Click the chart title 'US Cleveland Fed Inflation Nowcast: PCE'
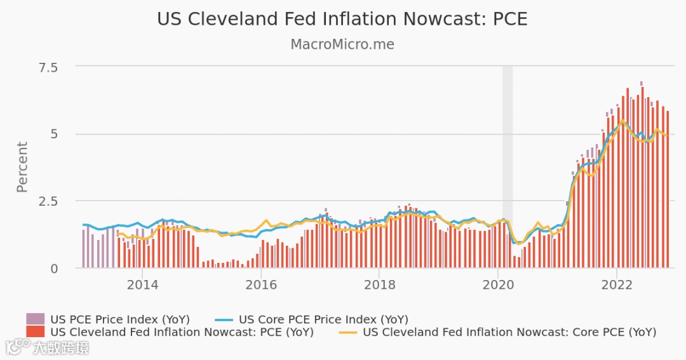pos(342,19)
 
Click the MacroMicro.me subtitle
pos(342,44)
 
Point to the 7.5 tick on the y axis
pos(62,67)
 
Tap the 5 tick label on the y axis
pos(71,135)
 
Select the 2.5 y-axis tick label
pos(62,201)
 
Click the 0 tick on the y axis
pos(71,269)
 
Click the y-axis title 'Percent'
pos(22,167)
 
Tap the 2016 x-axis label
pos(260,284)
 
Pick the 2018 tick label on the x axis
pos(379,284)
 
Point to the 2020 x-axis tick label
pos(498,284)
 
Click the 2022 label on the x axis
pos(617,284)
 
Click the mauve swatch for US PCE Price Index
pos(35,319)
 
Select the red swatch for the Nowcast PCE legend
pos(35,331)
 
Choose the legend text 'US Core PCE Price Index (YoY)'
pos(323,319)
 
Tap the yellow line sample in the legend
pos(347,332)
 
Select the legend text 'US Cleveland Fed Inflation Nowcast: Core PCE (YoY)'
pos(509,332)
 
